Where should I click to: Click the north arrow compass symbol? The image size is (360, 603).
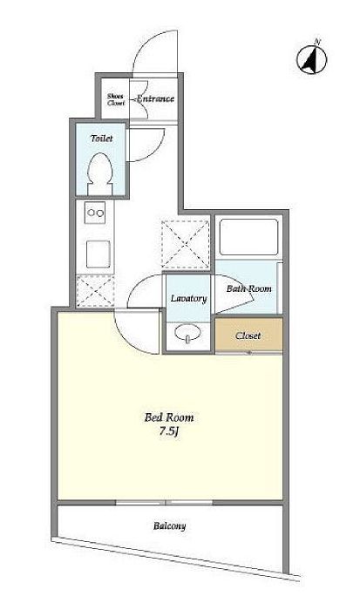tap(312, 59)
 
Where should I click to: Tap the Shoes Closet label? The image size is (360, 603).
tap(116, 99)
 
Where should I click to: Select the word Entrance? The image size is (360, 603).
tap(155, 98)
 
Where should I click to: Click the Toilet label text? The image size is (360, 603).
tap(102, 138)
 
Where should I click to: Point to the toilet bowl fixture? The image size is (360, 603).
tap(100, 173)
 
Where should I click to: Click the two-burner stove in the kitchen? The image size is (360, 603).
tap(95, 213)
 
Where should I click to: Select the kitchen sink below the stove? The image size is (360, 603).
tap(98, 254)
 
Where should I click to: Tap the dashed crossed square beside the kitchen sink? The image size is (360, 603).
tap(95, 292)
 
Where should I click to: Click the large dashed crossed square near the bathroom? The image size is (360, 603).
tap(186, 245)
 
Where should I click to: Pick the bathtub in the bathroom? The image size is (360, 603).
tap(248, 237)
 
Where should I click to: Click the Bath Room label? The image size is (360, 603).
tap(248, 288)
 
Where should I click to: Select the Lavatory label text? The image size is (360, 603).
tap(189, 298)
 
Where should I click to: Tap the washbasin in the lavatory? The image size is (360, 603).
tap(187, 333)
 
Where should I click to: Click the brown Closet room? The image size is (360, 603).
tap(248, 335)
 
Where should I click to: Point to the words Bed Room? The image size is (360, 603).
tap(169, 417)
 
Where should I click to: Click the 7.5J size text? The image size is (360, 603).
tap(170, 431)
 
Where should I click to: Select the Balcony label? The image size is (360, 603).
tap(170, 525)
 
